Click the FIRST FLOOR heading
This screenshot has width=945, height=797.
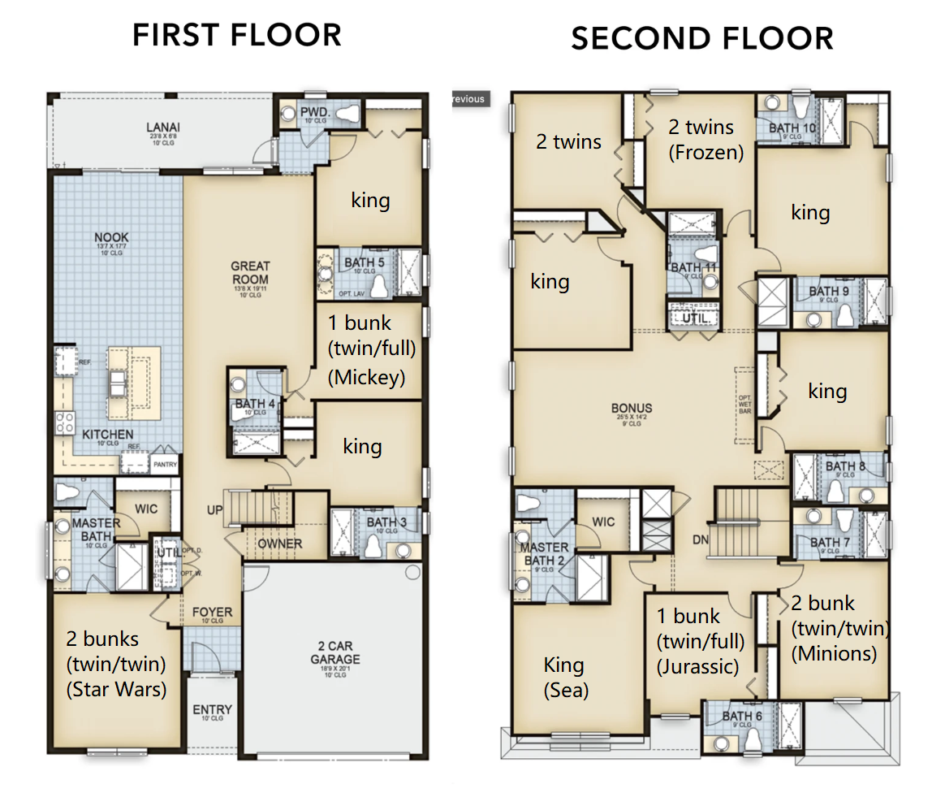pos(236,35)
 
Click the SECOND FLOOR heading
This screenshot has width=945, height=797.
pos(701,38)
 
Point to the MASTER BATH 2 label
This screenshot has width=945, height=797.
pos(544,554)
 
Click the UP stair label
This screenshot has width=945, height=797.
pos(214,509)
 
